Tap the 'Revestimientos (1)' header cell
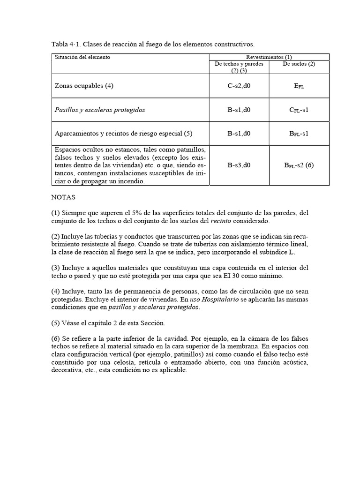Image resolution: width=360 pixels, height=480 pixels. tap(269, 57)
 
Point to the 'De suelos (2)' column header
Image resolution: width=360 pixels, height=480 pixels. tap(299, 64)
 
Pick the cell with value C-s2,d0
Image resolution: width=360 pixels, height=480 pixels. tap(239, 86)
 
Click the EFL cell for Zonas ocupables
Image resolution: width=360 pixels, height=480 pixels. tap(299, 86)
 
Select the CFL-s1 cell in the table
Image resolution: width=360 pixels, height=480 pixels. tap(299, 110)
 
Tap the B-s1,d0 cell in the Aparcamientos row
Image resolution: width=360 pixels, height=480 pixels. tap(239, 134)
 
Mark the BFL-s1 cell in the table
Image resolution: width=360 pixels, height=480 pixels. tap(299, 134)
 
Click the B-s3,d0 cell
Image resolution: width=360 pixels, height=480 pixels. tap(239, 165)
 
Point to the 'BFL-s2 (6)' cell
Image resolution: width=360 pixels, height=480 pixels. tap(299, 165)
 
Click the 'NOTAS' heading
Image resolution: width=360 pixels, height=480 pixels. tap(63, 198)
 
